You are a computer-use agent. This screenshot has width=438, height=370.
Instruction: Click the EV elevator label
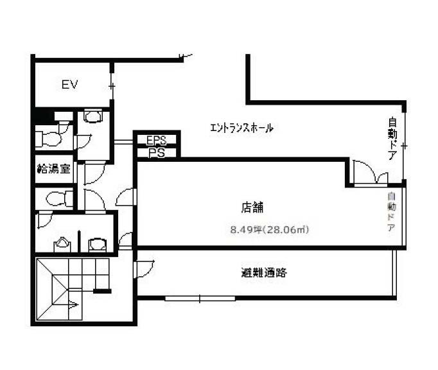pos(69,84)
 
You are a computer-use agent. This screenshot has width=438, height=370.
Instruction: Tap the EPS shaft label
pos(157,140)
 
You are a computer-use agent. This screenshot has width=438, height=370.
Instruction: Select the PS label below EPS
pos(157,153)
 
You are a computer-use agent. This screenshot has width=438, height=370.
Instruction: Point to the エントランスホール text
pos(241,128)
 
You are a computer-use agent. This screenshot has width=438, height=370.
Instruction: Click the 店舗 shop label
pos(252,207)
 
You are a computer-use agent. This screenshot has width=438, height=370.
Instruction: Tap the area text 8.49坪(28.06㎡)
pos(270,230)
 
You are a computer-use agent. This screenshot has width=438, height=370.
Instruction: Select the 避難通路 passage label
pos(264,272)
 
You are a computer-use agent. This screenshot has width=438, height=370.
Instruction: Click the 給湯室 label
pos(54,168)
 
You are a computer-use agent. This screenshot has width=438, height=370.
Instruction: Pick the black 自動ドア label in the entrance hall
pos(392,139)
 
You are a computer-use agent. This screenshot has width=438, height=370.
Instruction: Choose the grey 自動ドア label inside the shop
pos(392,212)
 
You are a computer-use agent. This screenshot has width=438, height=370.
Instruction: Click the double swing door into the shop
pos(371,172)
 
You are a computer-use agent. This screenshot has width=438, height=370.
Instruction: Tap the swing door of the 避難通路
pos(144,269)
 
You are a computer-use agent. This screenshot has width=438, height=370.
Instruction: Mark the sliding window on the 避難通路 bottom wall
pos(200,299)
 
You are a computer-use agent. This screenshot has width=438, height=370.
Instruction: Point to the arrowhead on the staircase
pos(73,304)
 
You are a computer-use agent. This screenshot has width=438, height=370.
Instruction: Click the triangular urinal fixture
pos(62,243)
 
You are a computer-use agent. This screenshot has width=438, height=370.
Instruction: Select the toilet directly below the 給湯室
pos(59,198)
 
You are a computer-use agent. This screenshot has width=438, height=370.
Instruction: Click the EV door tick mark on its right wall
pos(112,86)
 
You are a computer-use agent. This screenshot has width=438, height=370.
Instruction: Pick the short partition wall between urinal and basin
pos(80,242)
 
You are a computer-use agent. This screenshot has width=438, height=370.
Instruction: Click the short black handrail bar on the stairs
pos(102,291)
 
